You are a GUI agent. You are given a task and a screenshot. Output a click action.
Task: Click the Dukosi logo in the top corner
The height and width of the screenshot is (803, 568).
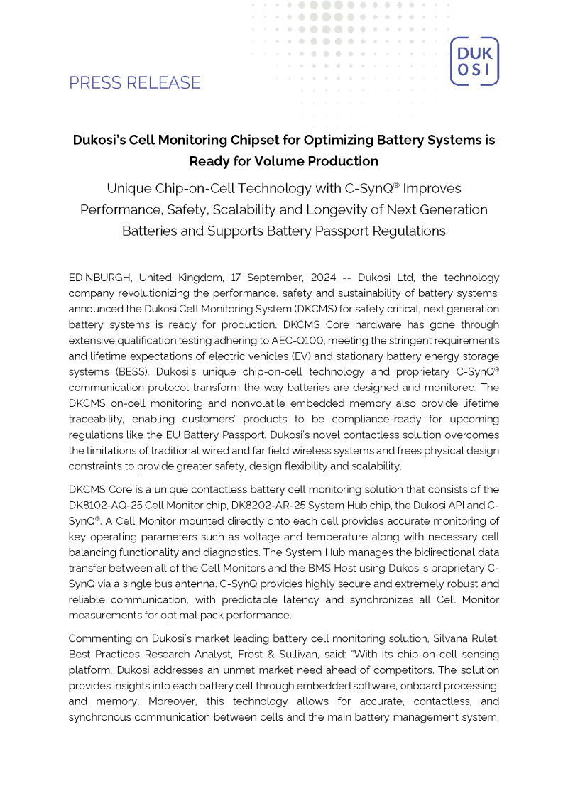click(474, 62)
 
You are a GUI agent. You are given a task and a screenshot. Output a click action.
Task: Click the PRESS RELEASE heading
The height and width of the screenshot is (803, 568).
click(135, 83)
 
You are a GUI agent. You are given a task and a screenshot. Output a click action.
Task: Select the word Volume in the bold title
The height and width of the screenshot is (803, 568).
click(324, 161)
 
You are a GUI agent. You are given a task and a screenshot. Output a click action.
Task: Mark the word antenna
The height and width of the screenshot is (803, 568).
click(207, 584)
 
